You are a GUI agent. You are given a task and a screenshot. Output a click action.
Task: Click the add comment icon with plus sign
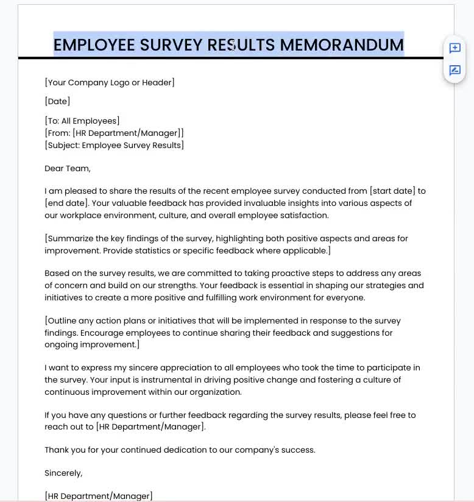point(455,48)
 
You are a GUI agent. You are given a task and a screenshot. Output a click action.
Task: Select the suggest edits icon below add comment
point(455,70)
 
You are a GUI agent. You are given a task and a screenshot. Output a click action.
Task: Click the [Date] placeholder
point(57,101)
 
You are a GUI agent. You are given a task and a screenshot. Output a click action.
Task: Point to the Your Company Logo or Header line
point(110,82)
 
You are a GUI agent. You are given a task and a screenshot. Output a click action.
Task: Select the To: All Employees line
point(82,121)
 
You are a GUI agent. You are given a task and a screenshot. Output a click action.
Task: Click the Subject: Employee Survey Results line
point(114,145)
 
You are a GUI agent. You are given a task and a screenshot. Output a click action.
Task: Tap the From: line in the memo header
point(114,133)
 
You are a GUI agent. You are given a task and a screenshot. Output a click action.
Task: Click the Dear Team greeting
point(68,168)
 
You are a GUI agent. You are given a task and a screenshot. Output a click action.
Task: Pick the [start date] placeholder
point(392,191)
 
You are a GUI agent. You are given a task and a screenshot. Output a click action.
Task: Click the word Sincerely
point(63,473)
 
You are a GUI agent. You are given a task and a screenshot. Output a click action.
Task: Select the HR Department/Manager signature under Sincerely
point(99,496)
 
